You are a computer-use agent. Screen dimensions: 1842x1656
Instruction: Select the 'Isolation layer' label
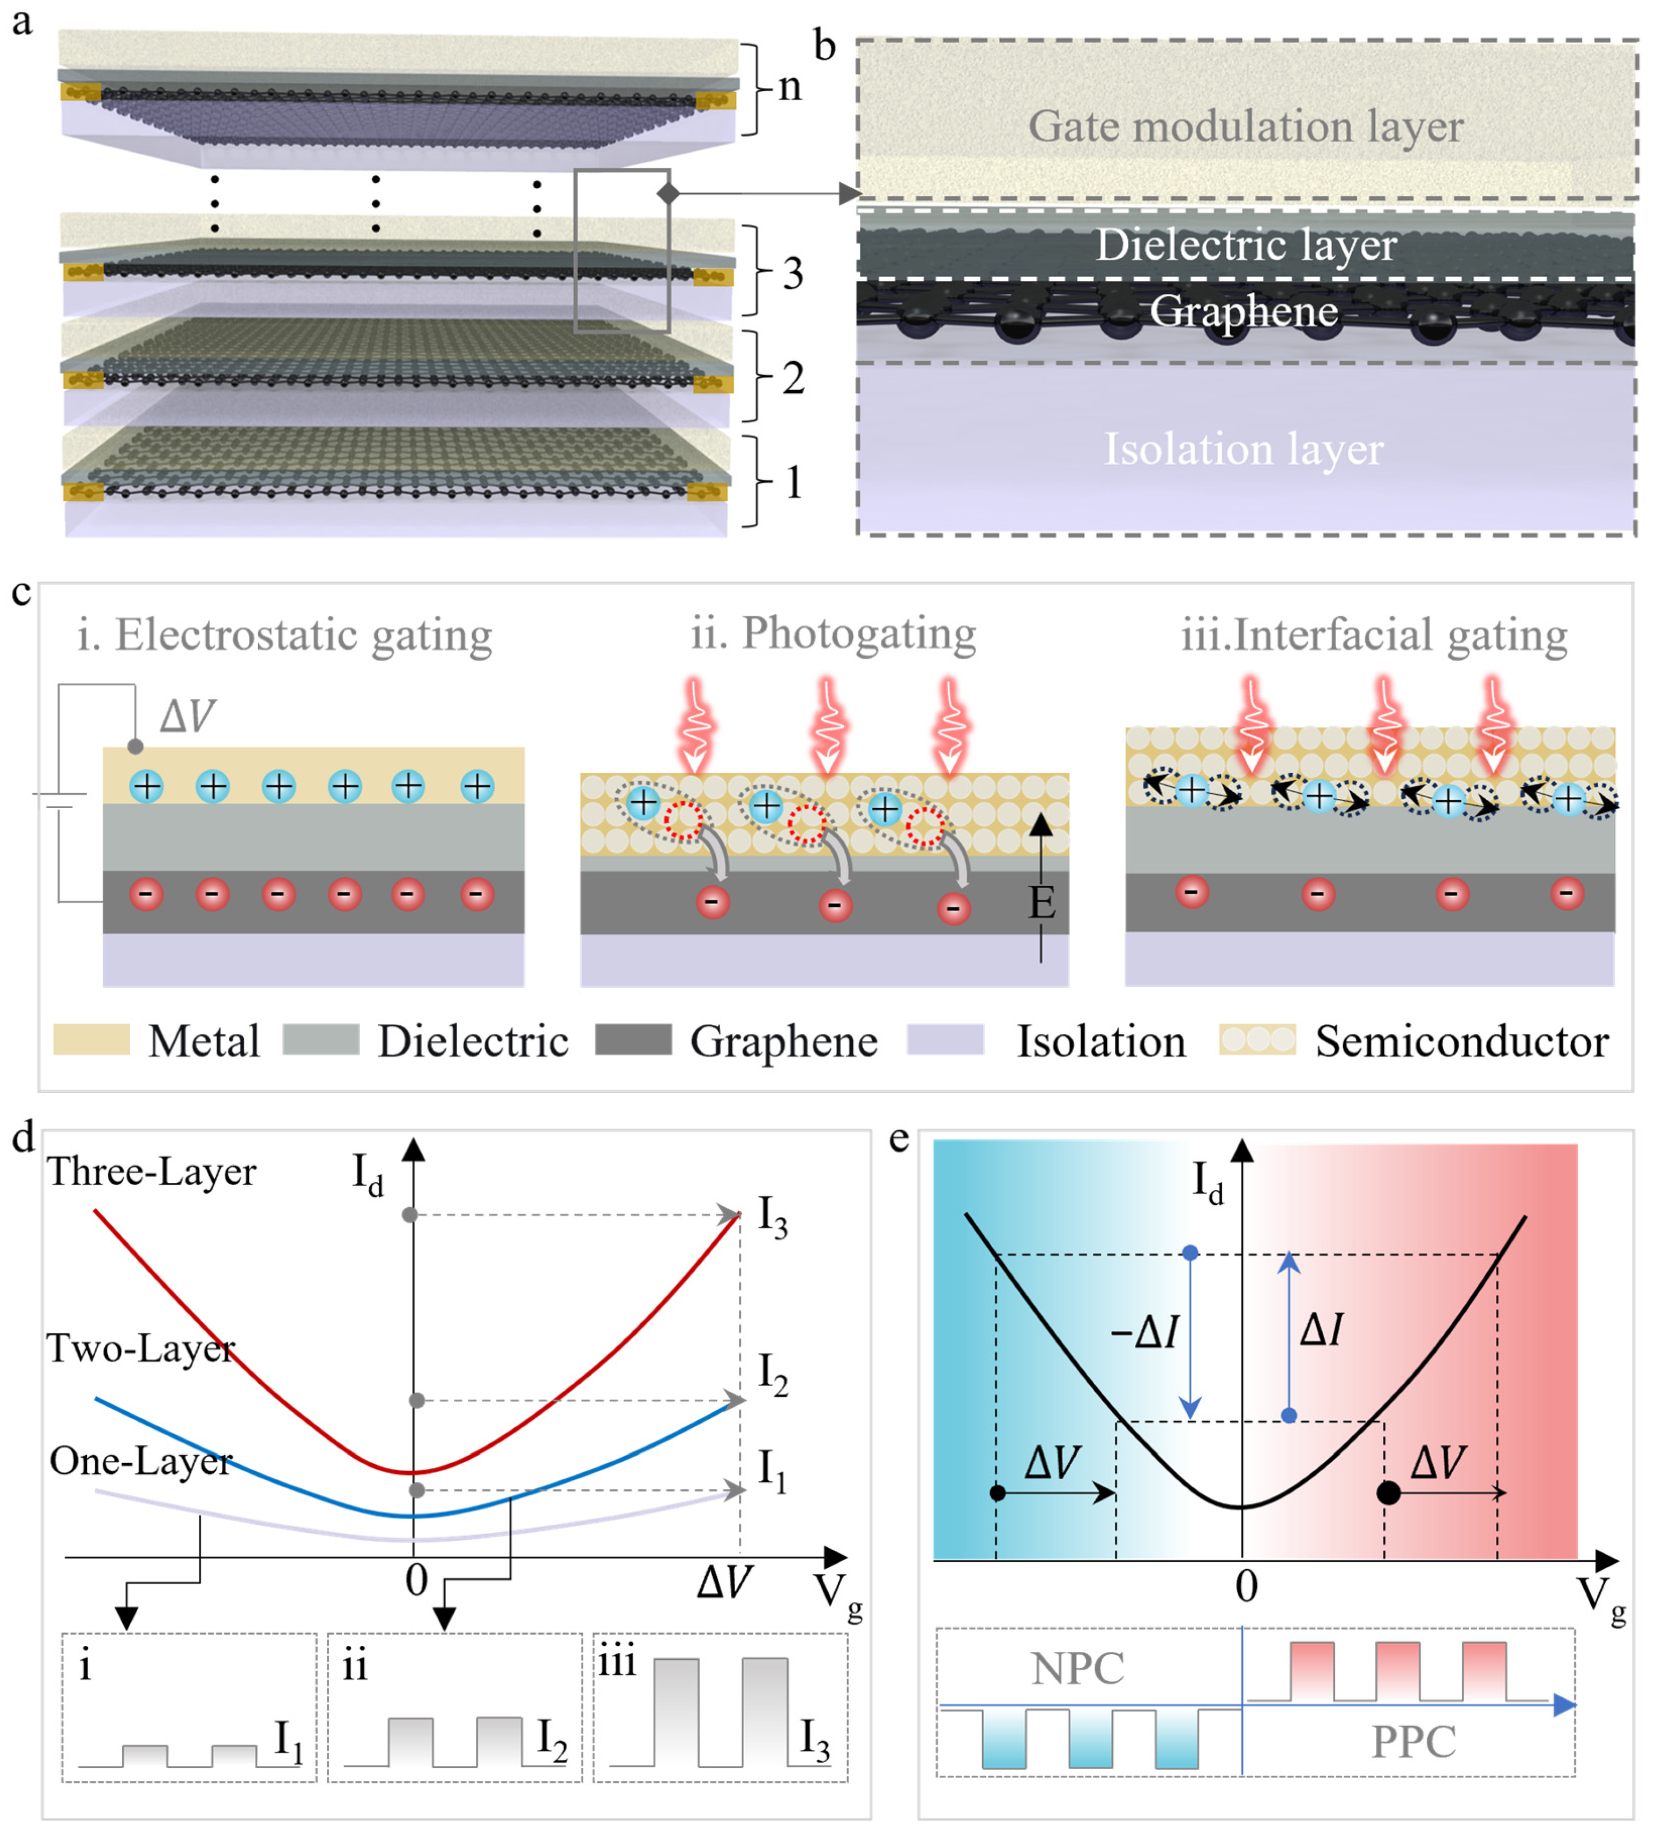coord(1243,449)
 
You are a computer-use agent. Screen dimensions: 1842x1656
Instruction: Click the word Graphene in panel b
coord(1243,311)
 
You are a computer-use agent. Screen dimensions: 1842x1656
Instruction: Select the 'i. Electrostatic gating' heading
coord(285,635)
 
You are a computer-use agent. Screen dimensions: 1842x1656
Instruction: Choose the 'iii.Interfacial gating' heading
coord(1374,635)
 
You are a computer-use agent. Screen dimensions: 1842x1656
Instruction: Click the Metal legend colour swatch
coord(91,1039)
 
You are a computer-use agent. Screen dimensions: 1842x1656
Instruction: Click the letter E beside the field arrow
coord(1042,903)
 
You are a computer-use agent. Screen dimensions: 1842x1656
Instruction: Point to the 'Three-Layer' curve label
coord(152,1171)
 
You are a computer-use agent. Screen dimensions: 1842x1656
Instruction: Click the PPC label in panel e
coord(1413,1742)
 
